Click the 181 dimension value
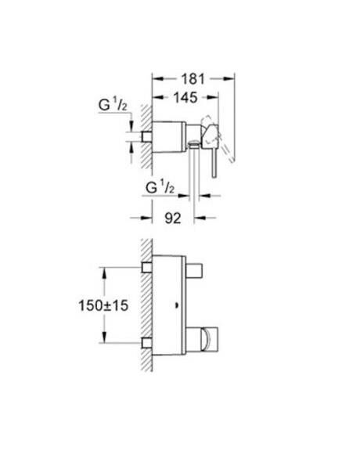tap(192, 78)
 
